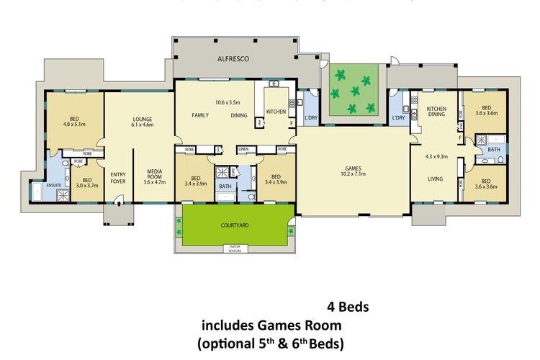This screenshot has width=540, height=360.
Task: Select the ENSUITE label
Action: (54, 185)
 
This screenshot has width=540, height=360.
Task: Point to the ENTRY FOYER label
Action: (117, 177)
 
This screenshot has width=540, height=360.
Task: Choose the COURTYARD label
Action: (235, 225)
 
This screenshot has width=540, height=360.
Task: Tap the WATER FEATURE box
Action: (235, 248)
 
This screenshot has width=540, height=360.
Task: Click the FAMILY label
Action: (199, 115)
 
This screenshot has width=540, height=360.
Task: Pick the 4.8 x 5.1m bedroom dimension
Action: (75, 124)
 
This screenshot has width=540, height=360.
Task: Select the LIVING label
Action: (433, 179)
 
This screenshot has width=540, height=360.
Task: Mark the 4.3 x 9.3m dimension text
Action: (436, 156)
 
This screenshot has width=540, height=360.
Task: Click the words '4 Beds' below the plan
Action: (348, 307)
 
